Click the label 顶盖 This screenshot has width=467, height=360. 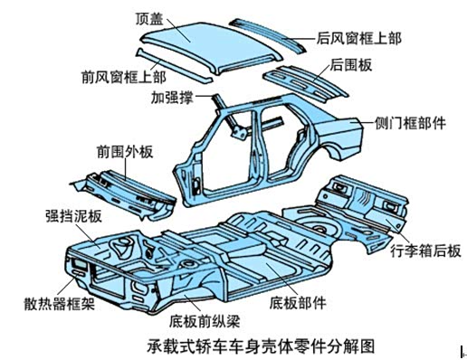point(149,19)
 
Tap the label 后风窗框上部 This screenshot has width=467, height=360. point(358,39)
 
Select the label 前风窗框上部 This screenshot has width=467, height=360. point(124,77)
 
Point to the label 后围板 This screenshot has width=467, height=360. point(351,64)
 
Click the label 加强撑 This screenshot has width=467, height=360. point(172,97)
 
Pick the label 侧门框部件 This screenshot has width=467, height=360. point(410,123)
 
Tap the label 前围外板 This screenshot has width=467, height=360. point(125,152)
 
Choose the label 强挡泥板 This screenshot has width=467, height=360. point(73,215)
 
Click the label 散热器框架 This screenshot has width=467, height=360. point(60,303)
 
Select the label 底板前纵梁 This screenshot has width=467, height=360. point(205,321)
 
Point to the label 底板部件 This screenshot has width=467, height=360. point(298,303)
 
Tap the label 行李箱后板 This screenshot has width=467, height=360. point(425,251)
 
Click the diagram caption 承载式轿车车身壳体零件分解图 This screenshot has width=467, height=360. point(261,346)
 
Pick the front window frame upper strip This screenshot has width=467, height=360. point(174,65)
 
